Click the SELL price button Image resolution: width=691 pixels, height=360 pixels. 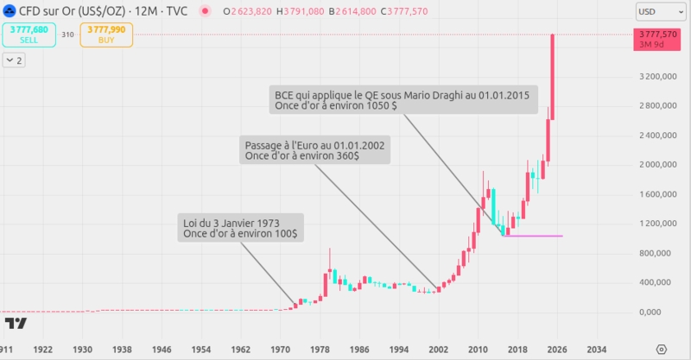(x=29, y=35)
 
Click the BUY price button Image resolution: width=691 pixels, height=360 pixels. (x=106, y=35)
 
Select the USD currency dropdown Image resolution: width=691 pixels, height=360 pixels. (x=658, y=12)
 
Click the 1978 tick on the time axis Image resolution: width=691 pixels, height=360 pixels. (x=320, y=350)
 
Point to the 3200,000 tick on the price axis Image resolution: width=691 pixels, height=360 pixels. (x=657, y=77)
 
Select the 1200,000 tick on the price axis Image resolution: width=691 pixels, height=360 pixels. (x=657, y=224)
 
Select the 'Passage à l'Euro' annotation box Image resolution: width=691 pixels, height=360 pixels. (x=316, y=150)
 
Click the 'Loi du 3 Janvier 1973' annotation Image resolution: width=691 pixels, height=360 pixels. (x=241, y=227)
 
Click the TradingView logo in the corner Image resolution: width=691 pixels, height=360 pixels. (x=15, y=324)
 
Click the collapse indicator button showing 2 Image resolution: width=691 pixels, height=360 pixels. (x=15, y=60)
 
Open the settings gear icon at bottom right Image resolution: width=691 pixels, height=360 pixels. (x=661, y=350)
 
